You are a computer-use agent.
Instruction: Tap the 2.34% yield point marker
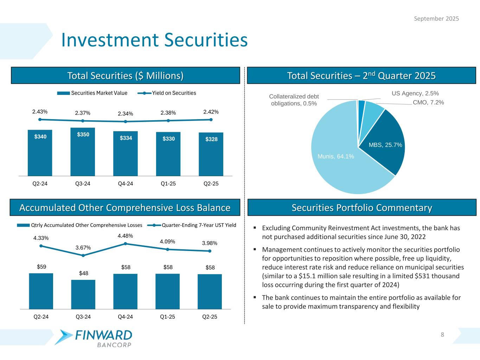point(126,122)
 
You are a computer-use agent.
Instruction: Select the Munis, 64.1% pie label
point(335,156)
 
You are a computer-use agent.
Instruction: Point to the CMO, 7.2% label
point(428,103)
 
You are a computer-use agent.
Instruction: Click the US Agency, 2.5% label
point(415,94)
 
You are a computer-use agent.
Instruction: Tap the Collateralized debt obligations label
point(294,100)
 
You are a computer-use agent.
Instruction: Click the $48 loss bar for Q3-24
point(83,295)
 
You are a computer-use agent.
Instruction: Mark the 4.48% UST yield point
point(126,243)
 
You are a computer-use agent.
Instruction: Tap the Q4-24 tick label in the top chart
point(126,184)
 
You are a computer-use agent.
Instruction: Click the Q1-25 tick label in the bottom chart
point(167,317)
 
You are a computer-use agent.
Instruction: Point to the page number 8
point(442,335)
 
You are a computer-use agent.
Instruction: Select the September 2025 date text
point(436,19)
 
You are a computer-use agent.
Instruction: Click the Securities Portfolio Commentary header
point(362,208)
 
